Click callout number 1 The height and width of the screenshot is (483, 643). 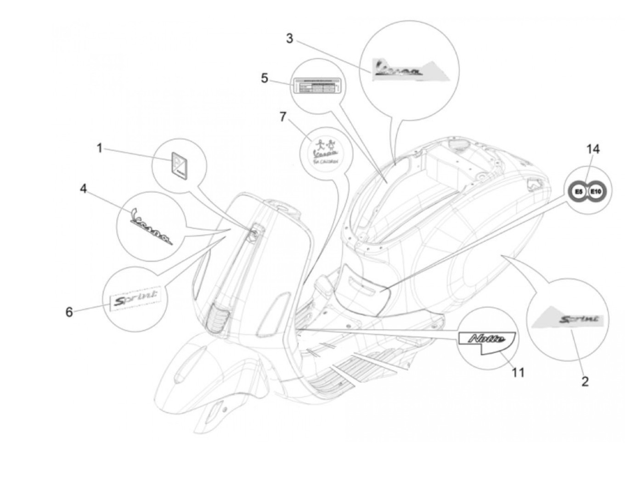tap(99, 148)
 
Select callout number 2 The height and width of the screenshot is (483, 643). tap(585, 381)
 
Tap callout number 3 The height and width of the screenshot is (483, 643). tap(289, 39)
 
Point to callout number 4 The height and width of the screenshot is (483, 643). tap(83, 189)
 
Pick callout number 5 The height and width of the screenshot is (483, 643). tap(265, 78)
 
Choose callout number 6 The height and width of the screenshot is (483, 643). tap(69, 312)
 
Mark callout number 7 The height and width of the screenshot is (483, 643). tap(283, 117)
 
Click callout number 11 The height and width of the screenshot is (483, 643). tap(518, 372)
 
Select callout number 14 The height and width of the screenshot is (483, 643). tap(592, 149)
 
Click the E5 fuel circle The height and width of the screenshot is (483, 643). tap(579, 190)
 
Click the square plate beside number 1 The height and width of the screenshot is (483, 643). tap(180, 164)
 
